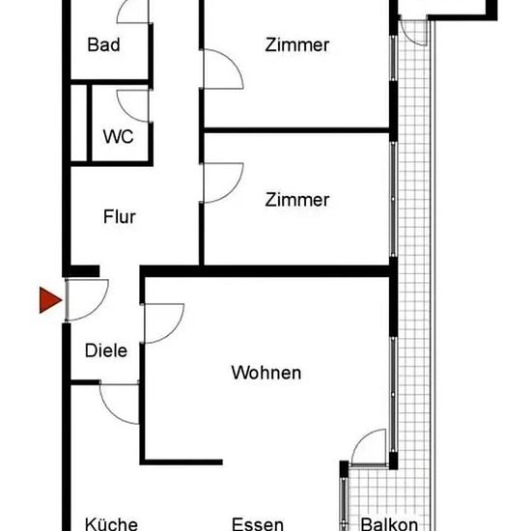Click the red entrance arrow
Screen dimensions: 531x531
50,300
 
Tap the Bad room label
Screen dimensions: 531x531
103,44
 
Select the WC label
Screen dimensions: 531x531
118,137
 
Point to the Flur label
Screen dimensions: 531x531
120,216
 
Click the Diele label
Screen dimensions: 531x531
106,350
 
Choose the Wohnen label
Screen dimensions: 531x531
266,373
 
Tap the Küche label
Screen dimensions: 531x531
111,524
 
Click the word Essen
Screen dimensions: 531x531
258,524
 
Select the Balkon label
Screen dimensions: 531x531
389,524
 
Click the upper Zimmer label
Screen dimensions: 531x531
297,45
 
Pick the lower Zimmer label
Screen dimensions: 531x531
297,200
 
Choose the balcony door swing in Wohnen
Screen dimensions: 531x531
361,438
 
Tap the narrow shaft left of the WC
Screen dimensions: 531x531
78,123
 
